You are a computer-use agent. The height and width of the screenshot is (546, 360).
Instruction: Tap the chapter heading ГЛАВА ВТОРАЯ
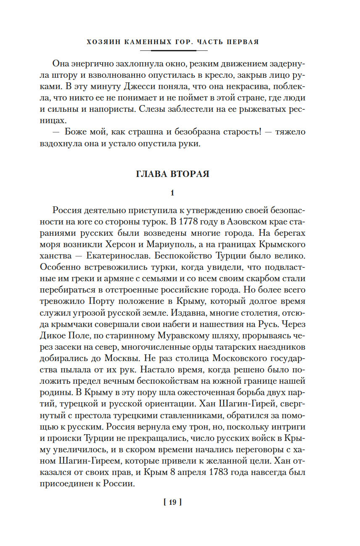coord(172,174)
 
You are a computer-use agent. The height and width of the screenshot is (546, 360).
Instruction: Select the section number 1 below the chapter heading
coord(172,193)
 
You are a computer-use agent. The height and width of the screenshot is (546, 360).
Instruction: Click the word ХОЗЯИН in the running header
coord(103,42)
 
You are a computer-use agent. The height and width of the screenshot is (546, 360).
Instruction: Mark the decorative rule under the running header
coord(173,50)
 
